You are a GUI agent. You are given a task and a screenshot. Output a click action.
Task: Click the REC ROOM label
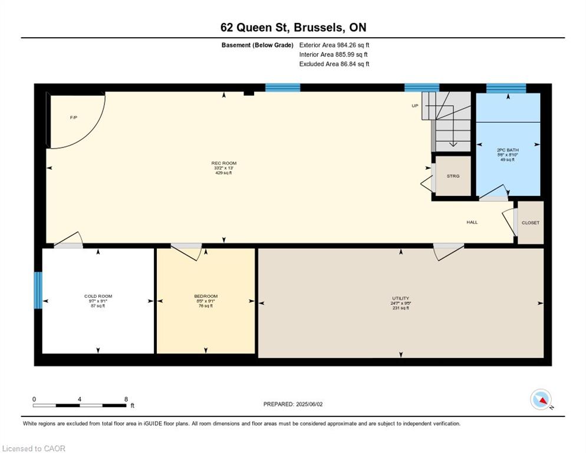coord(224,163)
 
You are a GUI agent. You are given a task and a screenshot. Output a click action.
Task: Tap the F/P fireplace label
coord(74,118)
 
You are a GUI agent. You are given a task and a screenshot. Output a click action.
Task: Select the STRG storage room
coord(453,176)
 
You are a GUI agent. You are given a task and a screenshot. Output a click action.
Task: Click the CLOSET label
coord(531,222)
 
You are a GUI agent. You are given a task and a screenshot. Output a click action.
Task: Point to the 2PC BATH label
coord(508,150)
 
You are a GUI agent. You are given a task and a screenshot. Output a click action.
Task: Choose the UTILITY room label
coord(401,298)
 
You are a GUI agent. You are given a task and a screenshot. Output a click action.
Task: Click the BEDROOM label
coord(206,296)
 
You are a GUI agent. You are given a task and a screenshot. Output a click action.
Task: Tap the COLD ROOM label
coord(98,296)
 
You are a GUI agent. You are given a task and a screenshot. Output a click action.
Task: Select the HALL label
coord(472,222)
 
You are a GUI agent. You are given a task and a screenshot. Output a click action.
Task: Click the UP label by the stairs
coord(415,106)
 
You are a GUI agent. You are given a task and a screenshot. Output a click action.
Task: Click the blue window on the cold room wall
coord(38,290)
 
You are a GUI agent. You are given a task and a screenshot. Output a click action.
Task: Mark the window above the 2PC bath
coord(506,88)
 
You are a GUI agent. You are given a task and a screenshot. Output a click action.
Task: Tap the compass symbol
coord(541,399)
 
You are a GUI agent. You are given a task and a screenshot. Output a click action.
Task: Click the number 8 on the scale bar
coord(126,399)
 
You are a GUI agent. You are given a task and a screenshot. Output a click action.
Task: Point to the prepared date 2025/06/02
coord(293,404)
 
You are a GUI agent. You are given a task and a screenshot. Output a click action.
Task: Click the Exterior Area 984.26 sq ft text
coord(334,45)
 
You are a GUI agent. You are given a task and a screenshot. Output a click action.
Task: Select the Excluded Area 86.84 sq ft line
coord(334,64)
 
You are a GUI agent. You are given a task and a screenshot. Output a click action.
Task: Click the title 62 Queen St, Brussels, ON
coord(292,27)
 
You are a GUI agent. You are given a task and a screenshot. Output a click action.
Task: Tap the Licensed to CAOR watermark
coord(34,448)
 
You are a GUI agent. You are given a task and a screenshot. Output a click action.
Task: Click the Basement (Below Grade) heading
coord(257,45)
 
